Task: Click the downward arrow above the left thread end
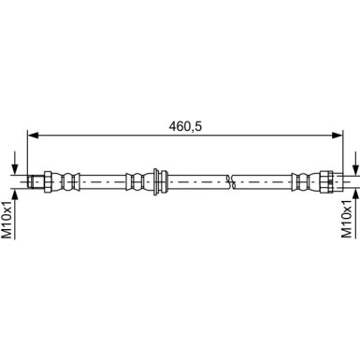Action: tap(16, 163)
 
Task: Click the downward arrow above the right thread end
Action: tap(356, 163)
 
